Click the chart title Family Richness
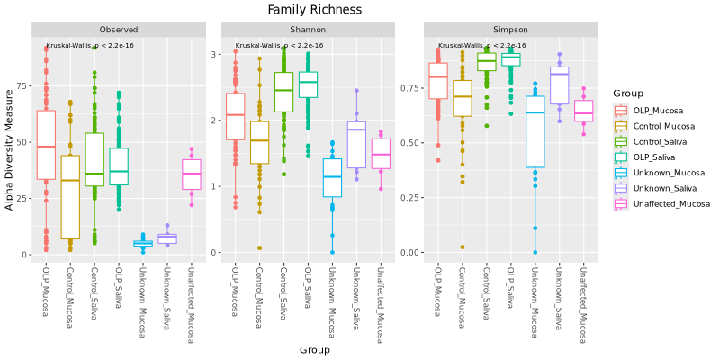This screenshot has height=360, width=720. (x=315, y=10)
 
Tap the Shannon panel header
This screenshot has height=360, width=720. (x=308, y=30)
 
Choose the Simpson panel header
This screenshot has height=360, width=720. (x=510, y=30)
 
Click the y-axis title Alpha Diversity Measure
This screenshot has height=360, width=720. (x=10, y=156)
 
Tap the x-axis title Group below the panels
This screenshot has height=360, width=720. (x=315, y=349)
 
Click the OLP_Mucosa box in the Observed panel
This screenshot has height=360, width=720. (x=46, y=145)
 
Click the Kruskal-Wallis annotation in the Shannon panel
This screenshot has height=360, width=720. (x=279, y=45)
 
